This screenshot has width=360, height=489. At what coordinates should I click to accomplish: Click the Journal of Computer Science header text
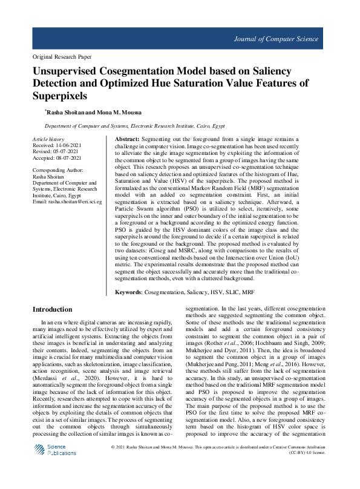[x=275, y=39]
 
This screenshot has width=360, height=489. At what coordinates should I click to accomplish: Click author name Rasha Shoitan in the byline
[x=68, y=113]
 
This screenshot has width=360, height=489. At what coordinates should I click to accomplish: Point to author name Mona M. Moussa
[x=125, y=113]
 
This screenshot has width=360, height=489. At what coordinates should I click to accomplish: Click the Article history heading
[x=48, y=139]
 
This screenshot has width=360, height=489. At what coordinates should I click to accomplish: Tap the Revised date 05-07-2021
[x=67, y=151]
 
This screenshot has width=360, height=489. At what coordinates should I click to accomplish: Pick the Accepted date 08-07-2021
[x=70, y=158]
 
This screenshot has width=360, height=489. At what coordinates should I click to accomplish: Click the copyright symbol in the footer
[x=114, y=465]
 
